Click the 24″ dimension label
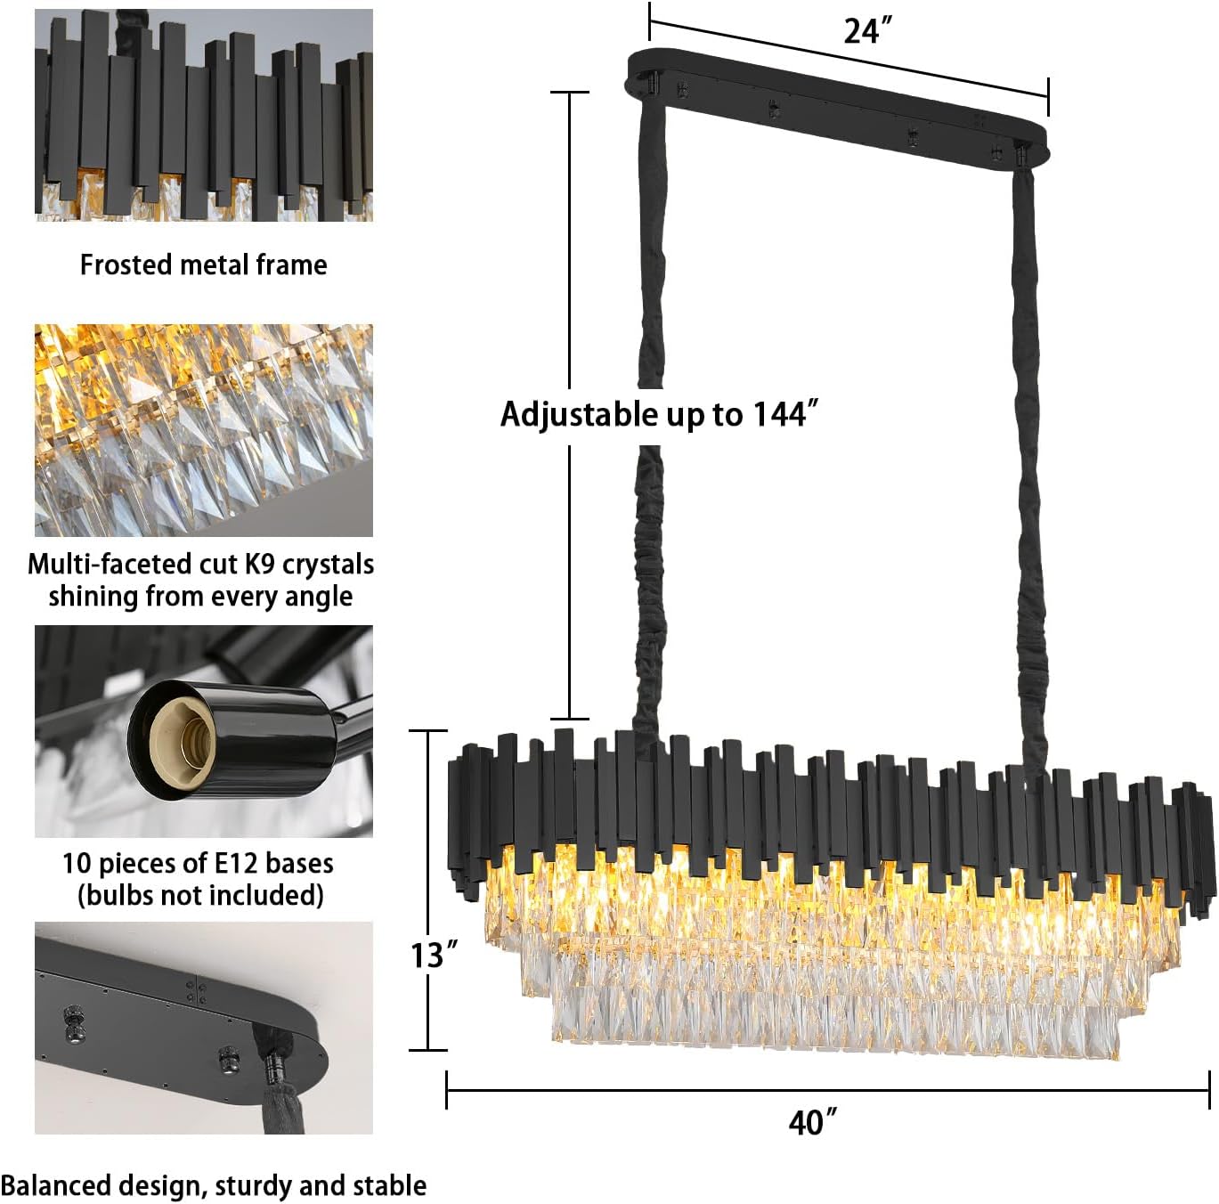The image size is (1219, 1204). point(868,30)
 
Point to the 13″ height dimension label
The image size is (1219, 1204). point(434,956)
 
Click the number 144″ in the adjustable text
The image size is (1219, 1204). point(785,415)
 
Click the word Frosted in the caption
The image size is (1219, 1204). point(126,265)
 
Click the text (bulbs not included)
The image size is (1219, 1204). point(201,896)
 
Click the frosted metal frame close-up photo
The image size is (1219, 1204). point(204,115)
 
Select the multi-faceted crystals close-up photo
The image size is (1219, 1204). point(204,430)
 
